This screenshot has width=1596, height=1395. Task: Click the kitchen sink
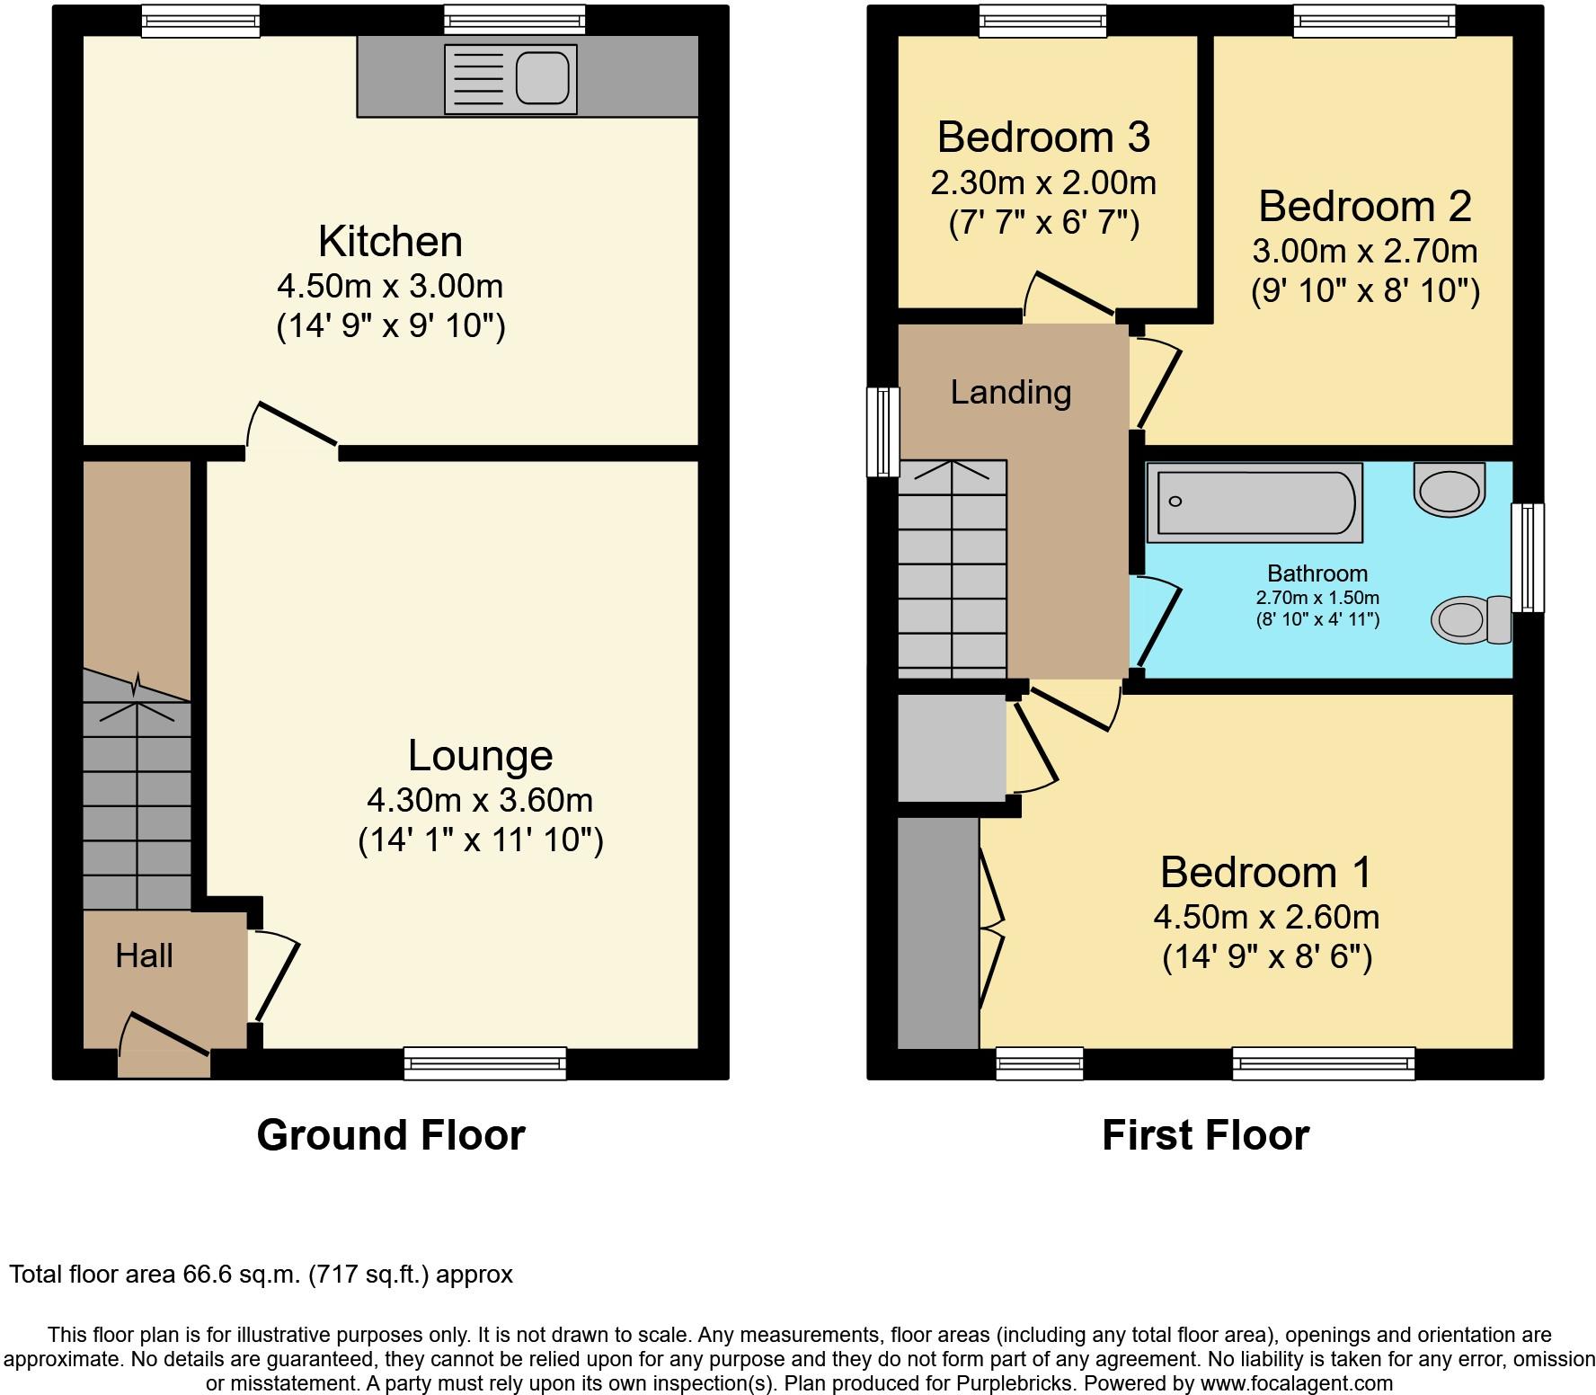coord(510,79)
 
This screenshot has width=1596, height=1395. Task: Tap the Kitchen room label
coord(391,241)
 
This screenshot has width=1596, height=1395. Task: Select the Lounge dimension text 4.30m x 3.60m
coord(480,799)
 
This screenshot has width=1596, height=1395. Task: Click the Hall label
coord(144,955)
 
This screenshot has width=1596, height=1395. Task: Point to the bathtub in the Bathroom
coord(1255,502)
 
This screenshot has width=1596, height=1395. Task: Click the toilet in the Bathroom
coord(1471,619)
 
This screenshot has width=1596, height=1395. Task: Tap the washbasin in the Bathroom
coord(1449,485)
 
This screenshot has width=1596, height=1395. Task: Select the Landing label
coord(1011,393)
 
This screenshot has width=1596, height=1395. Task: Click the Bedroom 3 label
coord(1043,137)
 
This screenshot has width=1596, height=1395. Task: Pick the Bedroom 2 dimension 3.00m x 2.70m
coord(1365,251)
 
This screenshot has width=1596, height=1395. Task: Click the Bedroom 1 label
coord(1266,872)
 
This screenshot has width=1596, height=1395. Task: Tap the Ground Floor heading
coord(391,1134)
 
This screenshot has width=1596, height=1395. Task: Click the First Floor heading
coord(1205,1134)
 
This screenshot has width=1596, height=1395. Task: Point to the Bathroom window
coord(1528,557)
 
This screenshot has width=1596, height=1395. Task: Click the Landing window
coord(882,431)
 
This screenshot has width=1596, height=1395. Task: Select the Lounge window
coord(485,1062)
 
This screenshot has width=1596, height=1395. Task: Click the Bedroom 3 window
coord(1042,22)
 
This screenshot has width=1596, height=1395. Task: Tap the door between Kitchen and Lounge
coord(292,426)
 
